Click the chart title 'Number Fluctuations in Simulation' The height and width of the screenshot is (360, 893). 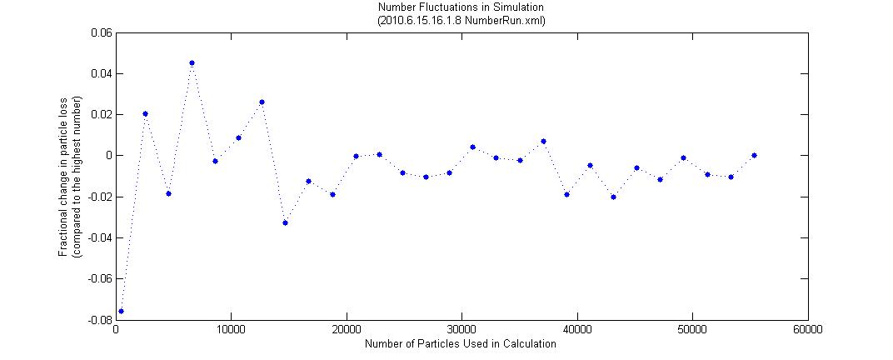tap(461, 8)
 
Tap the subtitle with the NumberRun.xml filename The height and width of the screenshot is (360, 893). tap(461, 20)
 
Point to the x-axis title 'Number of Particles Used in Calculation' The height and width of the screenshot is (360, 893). tap(461, 343)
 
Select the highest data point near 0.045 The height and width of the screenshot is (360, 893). tap(192, 62)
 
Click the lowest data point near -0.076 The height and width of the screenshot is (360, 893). tap(121, 311)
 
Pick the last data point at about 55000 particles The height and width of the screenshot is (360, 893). tap(754, 155)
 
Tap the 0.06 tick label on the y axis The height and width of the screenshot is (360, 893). tap(101, 33)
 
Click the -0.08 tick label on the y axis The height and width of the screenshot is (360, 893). tap(99, 320)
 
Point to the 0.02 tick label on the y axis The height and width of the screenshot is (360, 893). tap(101, 115)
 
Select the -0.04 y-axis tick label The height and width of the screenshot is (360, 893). tap(99, 237)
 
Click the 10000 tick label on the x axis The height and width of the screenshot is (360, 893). tap(231, 331)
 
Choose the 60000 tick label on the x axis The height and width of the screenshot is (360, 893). tap(807, 331)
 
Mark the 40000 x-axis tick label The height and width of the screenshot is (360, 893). tap(576, 331)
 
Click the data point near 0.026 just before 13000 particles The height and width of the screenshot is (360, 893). tap(262, 102)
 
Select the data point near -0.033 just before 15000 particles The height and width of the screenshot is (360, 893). tap(285, 222)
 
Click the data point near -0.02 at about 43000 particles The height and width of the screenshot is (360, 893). tap(613, 197)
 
